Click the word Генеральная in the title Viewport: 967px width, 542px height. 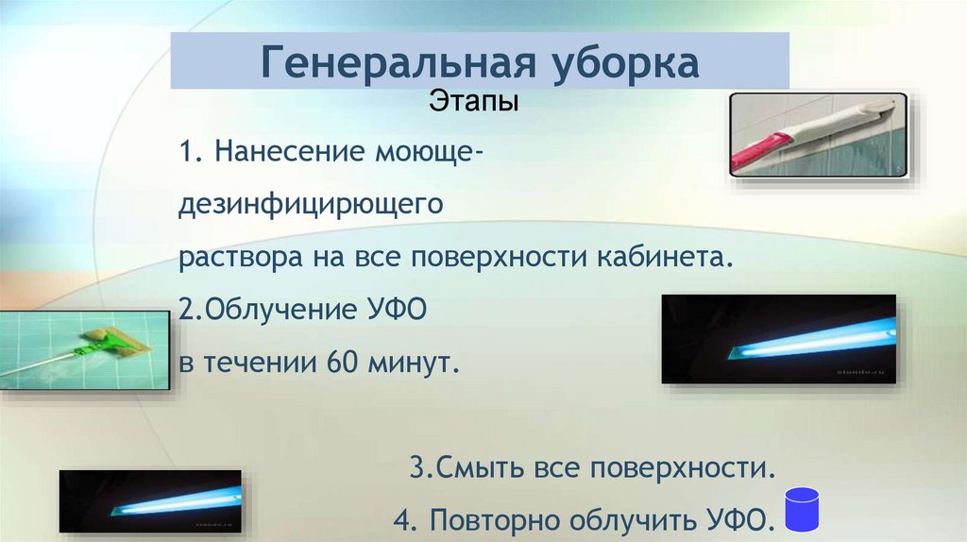click(393, 63)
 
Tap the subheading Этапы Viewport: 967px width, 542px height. click(474, 100)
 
